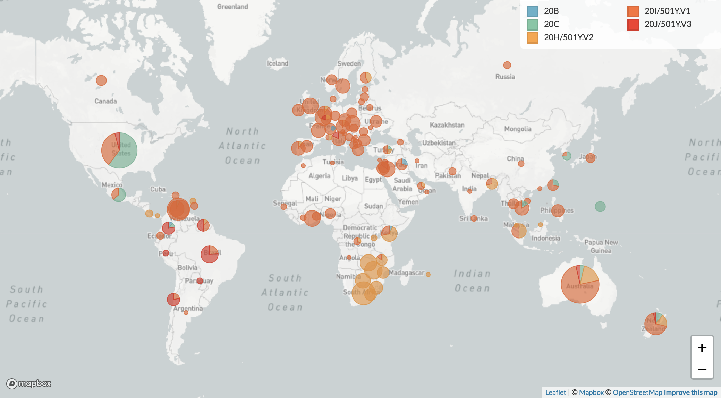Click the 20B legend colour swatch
(x=532, y=11)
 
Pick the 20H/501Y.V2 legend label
(x=568, y=37)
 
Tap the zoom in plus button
(x=702, y=347)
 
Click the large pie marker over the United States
(x=119, y=150)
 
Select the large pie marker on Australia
(x=580, y=284)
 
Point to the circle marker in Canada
(x=101, y=80)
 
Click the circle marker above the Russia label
(x=507, y=65)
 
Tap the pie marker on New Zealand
(x=655, y=323)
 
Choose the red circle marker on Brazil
(x=209, y=254)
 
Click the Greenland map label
(x=232, y=7)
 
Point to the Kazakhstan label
(x=447, y=125)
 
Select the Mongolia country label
(x=518, y=129)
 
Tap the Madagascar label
(x=406, y=273)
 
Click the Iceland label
(x=277, y=63)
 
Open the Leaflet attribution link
(x=555, y=392)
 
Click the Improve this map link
(x=690, y=392)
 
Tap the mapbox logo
(x=29, y=383)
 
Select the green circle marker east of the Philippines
(x=600, y=207)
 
